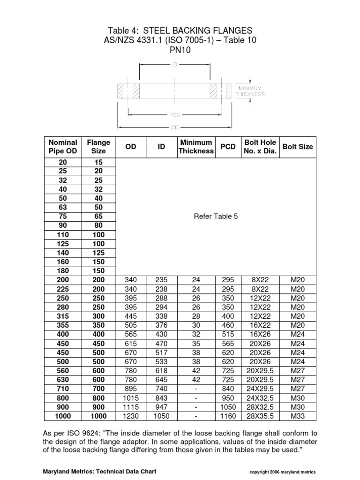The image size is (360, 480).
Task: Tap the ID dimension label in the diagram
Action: pyautogui.click(x=174, y=66)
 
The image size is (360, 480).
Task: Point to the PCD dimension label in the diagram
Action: pyautogui.click(x=174, y=114)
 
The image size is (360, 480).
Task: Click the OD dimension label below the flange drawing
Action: pyautogui.click(x=174, y=127)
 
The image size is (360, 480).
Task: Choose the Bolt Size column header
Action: pyautogui.click(x=298, y=147)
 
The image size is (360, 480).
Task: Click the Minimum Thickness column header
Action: pyautogui.click(x=196, y=147)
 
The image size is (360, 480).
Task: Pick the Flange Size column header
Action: pyautogui.click(x=98, y=147)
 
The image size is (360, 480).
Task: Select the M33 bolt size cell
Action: pyautogui.click(x=298, y=416)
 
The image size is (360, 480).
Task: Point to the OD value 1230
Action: pyautogui.click(x=131, y=416)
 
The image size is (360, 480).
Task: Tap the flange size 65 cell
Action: pyautogui.click(x=98, y=217)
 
